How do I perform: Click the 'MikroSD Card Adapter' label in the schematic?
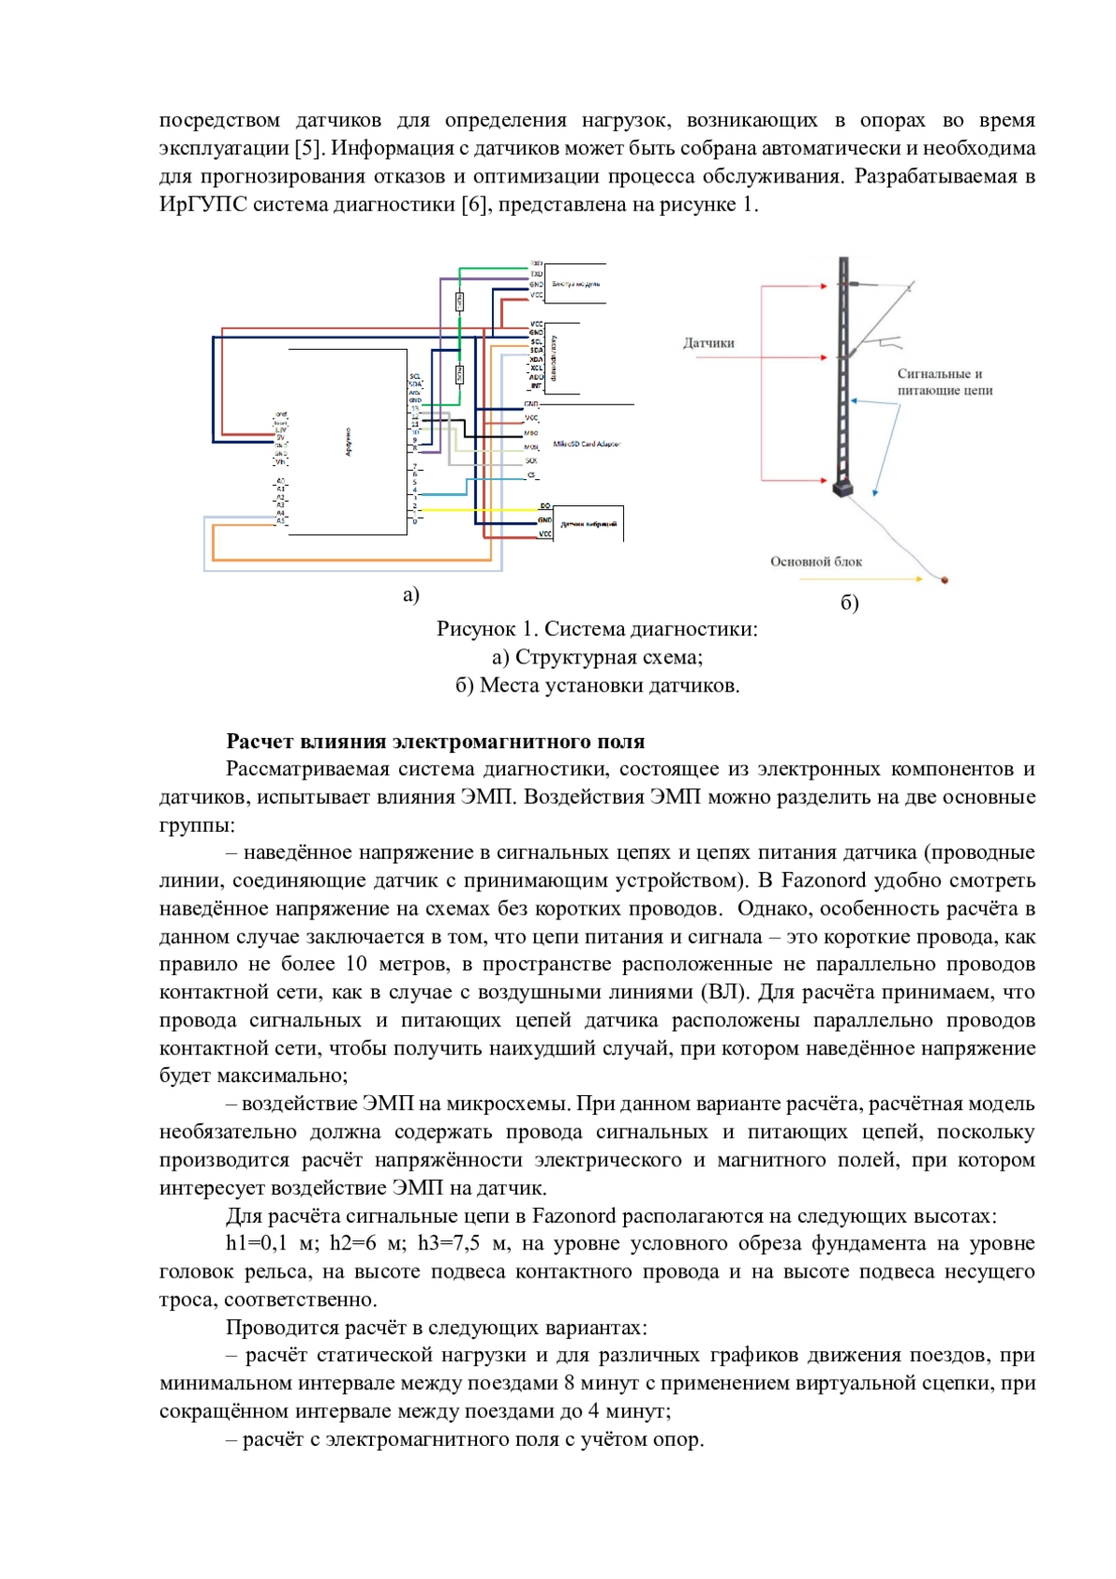click(x=586, y=444)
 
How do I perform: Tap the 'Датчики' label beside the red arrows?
click(x=709, y=343)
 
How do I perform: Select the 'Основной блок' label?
click(x=816, y=562)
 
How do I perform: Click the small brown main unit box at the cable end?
click(x=945, y=581)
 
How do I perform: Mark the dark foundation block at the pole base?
click(x=844, y=488)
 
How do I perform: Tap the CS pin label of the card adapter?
click(x=532, y=475)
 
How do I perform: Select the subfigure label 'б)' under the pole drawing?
click(x=849, y=603)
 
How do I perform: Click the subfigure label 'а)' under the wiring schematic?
click(x=411, y=595)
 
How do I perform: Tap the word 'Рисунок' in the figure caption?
click(x=475, y=629)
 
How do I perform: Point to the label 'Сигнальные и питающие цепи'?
click(x=944, y=381)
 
